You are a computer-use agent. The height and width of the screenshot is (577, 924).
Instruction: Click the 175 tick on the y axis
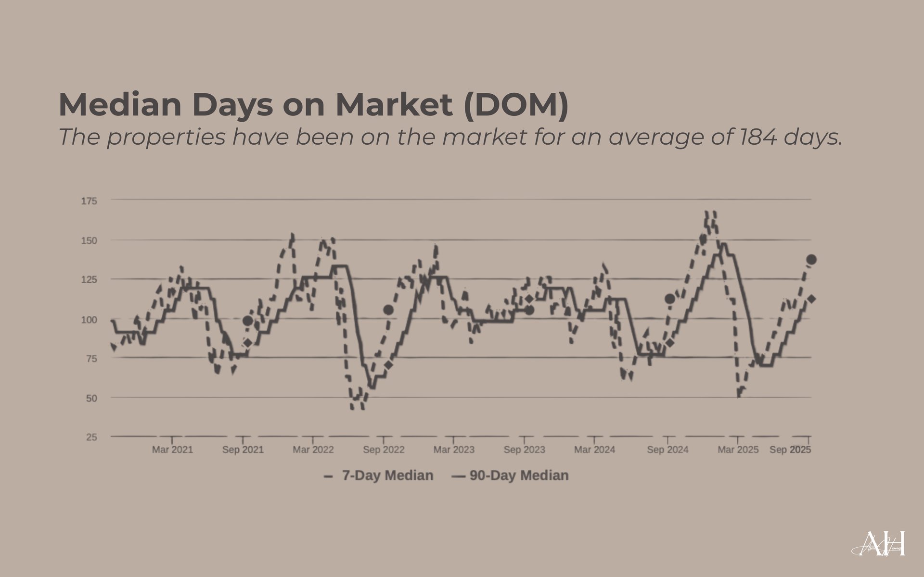89,201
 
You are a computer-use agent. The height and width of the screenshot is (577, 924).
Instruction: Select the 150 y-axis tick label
89,240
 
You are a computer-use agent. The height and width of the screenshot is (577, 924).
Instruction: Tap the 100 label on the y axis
89,319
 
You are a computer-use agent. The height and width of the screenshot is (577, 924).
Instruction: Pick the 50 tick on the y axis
91,398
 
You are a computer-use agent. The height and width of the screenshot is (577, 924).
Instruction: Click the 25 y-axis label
91,437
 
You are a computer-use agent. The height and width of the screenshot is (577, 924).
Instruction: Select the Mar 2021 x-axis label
172,450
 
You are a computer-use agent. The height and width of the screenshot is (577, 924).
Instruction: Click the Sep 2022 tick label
384,450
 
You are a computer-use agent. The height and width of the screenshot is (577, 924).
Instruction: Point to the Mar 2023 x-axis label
454,450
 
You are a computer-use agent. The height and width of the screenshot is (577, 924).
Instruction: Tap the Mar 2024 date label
595,450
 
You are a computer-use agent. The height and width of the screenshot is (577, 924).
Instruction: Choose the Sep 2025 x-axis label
790,450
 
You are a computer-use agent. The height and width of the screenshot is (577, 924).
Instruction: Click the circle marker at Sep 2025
811,260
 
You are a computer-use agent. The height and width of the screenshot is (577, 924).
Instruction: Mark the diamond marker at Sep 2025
811,299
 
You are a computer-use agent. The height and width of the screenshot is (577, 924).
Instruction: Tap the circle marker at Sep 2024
669,299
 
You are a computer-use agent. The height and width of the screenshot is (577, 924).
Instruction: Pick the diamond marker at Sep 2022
388,365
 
